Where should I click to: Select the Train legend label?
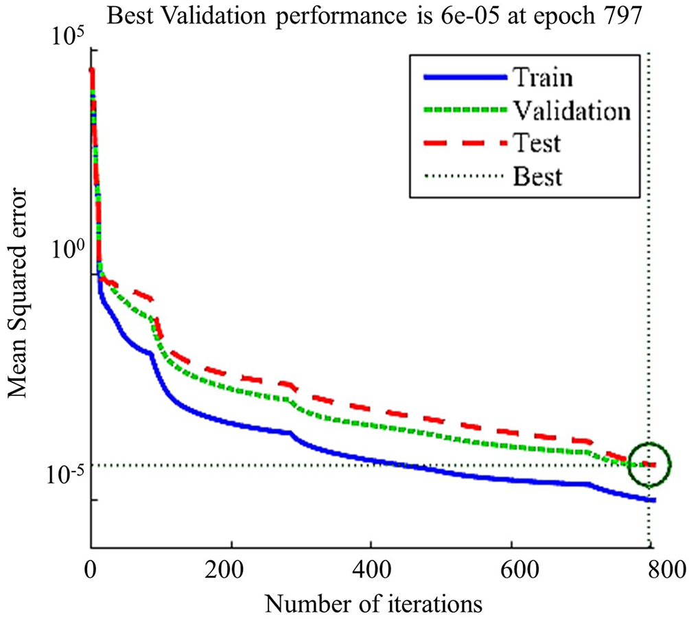point(541,77)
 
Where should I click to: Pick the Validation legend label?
point(570,110)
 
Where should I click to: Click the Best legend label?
point(537,176)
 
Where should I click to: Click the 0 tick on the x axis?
point(91,569)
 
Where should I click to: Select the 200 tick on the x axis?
point(231,569)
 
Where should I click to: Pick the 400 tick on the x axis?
point(371,569)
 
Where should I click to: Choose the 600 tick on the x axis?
point(511,569)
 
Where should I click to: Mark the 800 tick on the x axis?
point(651,569)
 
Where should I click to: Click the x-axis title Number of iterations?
point(370,603)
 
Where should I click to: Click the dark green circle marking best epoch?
point(649,465)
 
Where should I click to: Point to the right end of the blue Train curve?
point(655,500)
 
